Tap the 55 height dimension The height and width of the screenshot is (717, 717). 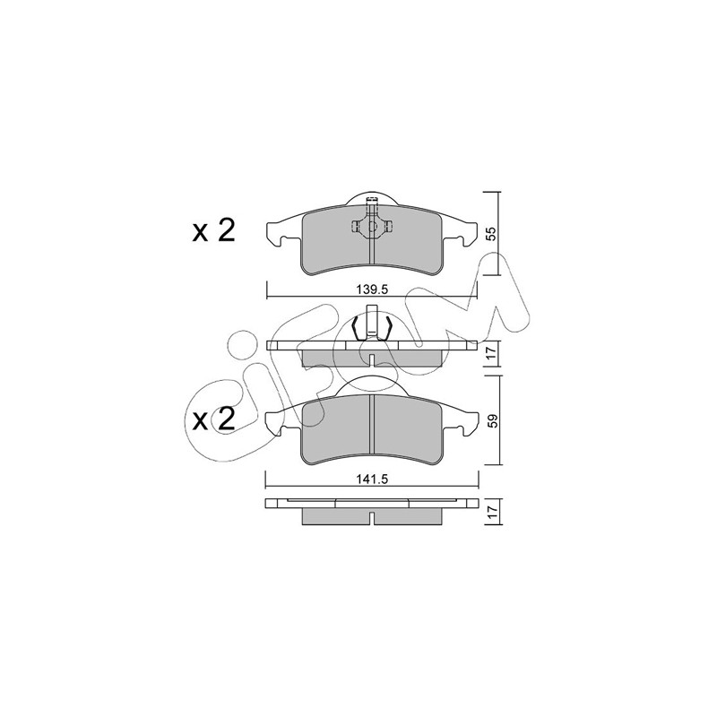point(490,234)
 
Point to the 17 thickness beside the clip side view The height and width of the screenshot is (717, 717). point(490,353)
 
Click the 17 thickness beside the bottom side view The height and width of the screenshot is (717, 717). point(491,512)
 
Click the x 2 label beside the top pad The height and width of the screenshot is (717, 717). point(214,230)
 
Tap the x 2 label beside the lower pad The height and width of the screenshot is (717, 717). point(214,419)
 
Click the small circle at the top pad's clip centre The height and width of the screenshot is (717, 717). point(372,226)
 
